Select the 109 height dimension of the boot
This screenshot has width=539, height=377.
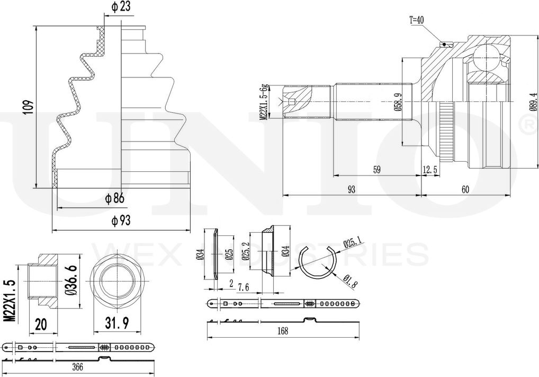pyautogui.click(x=29, y=108)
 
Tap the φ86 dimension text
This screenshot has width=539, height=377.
pyautogui.click(x=114, y=199)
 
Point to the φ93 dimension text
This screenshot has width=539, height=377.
pyautogui.click(x=121, y=221)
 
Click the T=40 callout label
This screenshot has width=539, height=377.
pyautogui.click(x=416, y=20)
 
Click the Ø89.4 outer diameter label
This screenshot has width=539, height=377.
pyautogui.click(x=533, y=102)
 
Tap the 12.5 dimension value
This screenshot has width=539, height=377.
pyautogui.click(x=430, y=169)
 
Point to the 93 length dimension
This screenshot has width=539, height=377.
pyautogui.click(x=352, y=189)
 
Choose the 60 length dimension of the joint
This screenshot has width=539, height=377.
pyautogui.click(x=465, y=189)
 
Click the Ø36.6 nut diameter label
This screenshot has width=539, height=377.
pyautogui.click(x=71, y=280)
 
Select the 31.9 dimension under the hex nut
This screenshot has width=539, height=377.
pyautogui.click(x=116, y=323)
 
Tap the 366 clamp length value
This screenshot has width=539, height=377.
pyautogui.click(x=78, y=367)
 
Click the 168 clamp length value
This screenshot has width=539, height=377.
pyautogui.click(x=283, y=331)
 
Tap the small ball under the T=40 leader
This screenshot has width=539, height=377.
pyautogui.click(x=444, y=44)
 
